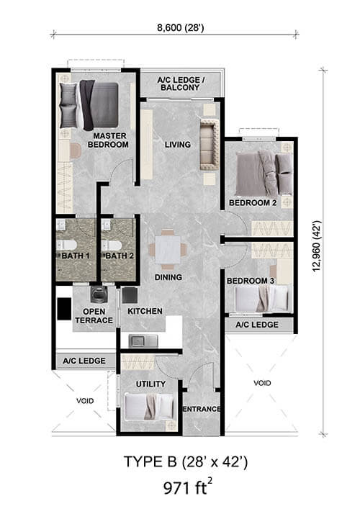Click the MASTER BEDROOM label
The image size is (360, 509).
108,140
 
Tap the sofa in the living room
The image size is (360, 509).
210,145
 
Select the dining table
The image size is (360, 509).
168,250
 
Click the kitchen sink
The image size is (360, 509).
143,341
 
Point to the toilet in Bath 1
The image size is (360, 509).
67,245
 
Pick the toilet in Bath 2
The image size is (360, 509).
112,245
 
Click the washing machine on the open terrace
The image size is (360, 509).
97,294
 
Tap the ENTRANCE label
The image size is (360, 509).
202,409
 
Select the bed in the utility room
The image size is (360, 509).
149,407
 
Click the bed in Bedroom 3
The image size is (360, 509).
261,299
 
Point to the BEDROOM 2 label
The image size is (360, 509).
253,203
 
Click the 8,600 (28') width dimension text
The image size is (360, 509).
181,27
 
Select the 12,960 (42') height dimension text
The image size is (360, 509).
317,246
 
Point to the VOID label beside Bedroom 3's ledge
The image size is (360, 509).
262,383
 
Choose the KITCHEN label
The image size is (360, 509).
145,311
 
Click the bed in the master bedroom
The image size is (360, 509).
89,105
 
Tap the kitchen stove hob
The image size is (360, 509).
130,295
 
